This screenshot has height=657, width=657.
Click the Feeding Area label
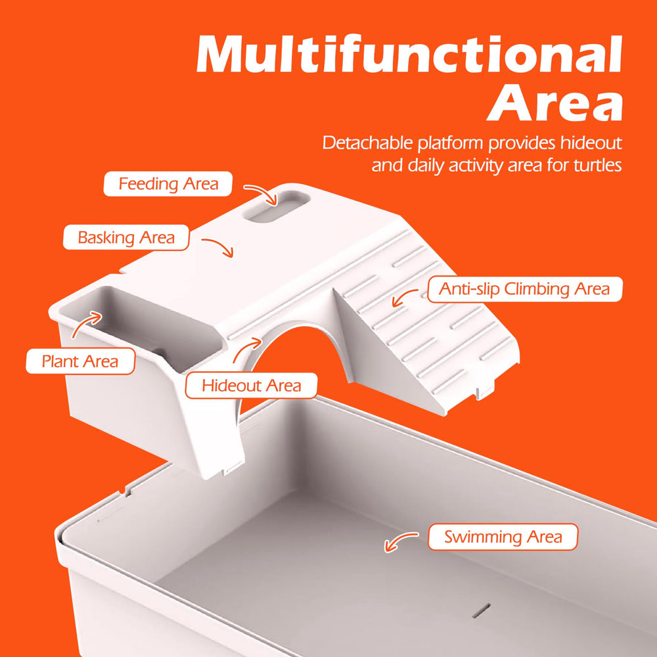168,184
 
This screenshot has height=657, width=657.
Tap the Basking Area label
126,238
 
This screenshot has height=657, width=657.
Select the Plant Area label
80,361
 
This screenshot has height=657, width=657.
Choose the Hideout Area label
251,386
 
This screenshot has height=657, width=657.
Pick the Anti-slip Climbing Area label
524,289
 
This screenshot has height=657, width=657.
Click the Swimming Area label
503,537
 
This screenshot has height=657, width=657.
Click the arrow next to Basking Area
219,246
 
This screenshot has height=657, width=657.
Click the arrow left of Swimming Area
399,539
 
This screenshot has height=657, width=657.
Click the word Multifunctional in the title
409,55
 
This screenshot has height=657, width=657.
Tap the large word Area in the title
555,102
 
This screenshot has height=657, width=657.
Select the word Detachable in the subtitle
367,143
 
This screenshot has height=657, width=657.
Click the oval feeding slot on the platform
276,206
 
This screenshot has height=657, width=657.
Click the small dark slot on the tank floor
482,610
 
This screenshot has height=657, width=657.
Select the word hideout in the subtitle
591,143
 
